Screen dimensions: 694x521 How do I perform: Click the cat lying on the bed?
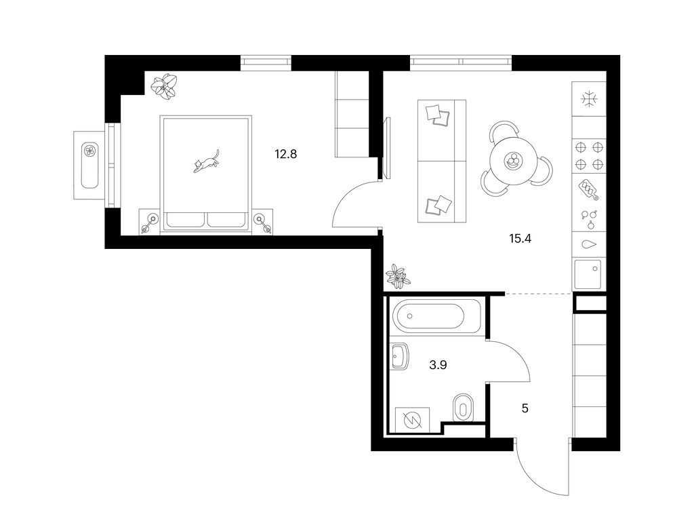point(206,161)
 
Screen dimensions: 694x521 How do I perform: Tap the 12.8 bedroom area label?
point(285,154)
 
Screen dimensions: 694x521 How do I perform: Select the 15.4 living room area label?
point(520,239)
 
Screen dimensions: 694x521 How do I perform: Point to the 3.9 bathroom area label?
point(438,365)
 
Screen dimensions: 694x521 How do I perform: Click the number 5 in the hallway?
point(525,408)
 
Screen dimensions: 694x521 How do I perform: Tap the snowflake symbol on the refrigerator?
point(589,99)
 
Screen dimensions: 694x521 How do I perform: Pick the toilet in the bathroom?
point(464,408)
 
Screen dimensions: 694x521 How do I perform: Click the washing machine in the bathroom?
point(413,419)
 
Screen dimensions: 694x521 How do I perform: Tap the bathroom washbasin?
point(399,357)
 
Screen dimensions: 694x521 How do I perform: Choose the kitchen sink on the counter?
point(588,275)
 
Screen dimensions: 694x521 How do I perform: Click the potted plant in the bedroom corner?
point(165,86)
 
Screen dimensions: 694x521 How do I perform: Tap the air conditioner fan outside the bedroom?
point(90,151)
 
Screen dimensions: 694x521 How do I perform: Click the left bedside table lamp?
point(150,223)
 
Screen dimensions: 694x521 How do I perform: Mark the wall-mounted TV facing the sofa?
point(388,148)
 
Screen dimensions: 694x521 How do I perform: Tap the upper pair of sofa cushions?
point(438,115)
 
